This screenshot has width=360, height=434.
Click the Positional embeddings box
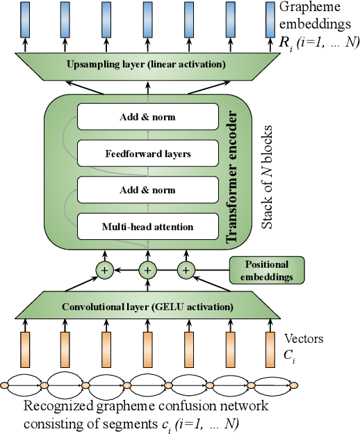point(267,270)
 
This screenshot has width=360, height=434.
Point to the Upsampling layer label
point(146,65)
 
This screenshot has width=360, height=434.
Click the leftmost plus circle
point(106,271)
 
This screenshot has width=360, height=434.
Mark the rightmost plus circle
point(186,271)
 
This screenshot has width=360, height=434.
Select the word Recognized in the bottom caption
point(57,406)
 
